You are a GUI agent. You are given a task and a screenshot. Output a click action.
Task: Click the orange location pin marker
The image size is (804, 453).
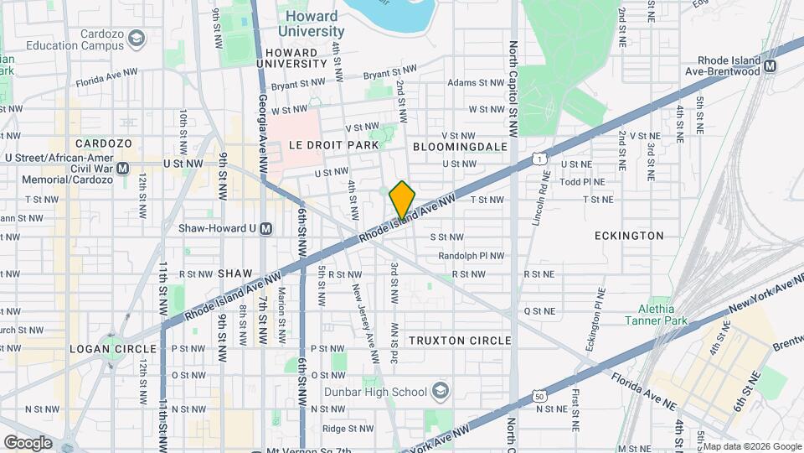point(403,200)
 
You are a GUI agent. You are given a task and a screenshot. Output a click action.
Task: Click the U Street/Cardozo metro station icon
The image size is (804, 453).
point(123,168)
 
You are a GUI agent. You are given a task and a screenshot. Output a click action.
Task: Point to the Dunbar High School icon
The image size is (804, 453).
point(440,391)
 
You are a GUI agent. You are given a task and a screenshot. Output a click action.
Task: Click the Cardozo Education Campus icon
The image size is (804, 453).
point(137,39)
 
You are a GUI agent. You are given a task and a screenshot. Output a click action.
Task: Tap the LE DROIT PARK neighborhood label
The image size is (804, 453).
point(333,145)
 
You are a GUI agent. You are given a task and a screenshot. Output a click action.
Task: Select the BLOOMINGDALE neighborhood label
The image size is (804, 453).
point(461,146)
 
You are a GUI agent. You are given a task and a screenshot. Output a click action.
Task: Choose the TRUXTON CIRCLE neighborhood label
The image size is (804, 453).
point(460,340)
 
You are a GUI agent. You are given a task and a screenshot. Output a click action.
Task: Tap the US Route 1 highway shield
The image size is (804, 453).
point(542,158)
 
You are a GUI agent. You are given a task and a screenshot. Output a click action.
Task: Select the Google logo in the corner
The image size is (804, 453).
point(28,442)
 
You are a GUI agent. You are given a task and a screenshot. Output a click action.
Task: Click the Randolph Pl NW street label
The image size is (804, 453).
point(472,256)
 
